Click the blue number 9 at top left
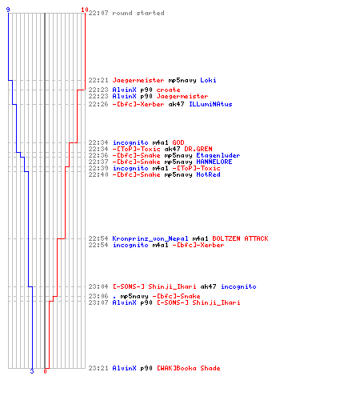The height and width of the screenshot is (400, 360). click(x=8, y=10)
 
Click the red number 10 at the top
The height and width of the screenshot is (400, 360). click(x=85, y=10)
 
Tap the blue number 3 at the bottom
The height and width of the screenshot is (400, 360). click(x=32, y=371)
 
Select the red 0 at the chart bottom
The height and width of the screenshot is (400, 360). click(x=45, y=371)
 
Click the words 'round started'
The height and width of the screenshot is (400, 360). click(x=138, y=13)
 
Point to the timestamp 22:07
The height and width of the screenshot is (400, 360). click(x=98, y=13)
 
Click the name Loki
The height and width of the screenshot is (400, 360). click(x=208, y=80)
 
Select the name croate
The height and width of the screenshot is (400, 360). click(x=168, y=90)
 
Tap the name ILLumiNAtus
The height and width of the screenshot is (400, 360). click(x=210, y=104)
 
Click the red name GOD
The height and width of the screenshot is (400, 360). click(x=178, y=142)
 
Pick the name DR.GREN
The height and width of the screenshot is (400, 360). click(x=198, y=149)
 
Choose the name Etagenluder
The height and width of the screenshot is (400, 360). click(x=218, y=155)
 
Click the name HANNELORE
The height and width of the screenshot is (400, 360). click(x=214, y=162)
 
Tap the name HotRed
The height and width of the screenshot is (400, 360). click(x=208, y=174)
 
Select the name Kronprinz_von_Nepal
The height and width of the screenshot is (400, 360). click(x=150, y=238)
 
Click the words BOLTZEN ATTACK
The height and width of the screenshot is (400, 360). click(x=240, y=238)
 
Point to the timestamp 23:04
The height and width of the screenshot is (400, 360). click(x=98, y=286)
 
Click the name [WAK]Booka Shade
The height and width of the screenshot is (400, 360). click(x=188, y=368)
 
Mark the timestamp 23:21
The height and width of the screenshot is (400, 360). click(x=98, y=368)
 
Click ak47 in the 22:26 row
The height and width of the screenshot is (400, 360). click(x=176, y=104)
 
